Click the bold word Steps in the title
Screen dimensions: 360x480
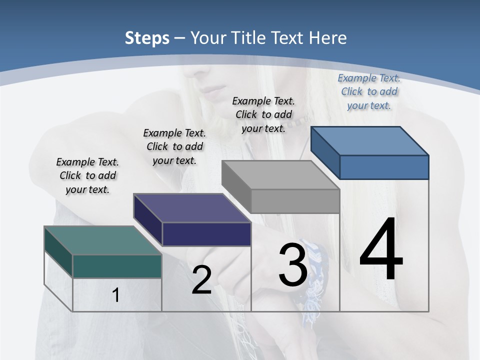tap(147, 38)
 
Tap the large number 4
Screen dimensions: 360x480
tap(381, 250)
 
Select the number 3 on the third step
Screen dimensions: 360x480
tap(293, 265)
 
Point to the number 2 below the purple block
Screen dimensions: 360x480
tap(201, 280)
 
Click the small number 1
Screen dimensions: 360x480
tap(115, 295)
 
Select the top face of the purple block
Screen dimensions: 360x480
tap(192, 208)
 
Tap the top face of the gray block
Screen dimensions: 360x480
tap(280, 175)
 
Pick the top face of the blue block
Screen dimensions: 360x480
tap(370, 140)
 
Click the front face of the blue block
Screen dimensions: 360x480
tap(384, 167)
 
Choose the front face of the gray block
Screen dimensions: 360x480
tap(295, 201)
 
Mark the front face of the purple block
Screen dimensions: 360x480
tap(206, 234)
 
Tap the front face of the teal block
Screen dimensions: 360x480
tap(117, 266)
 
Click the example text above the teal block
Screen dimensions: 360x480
tap(87, 175)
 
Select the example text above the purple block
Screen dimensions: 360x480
tap(174, 146)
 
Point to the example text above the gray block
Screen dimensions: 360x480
tap(263, 114)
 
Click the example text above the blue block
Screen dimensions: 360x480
tap(369, 91)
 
